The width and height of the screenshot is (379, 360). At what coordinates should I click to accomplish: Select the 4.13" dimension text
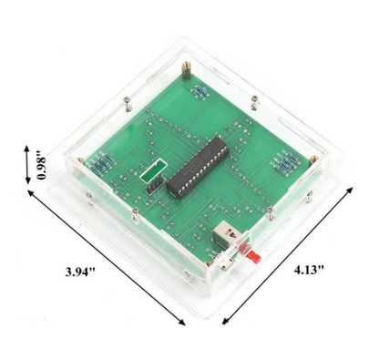coord(308,271)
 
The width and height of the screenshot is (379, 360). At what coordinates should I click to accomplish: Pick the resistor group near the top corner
coord(200,90)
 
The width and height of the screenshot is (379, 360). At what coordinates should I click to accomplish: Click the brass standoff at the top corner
coord(188,69)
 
